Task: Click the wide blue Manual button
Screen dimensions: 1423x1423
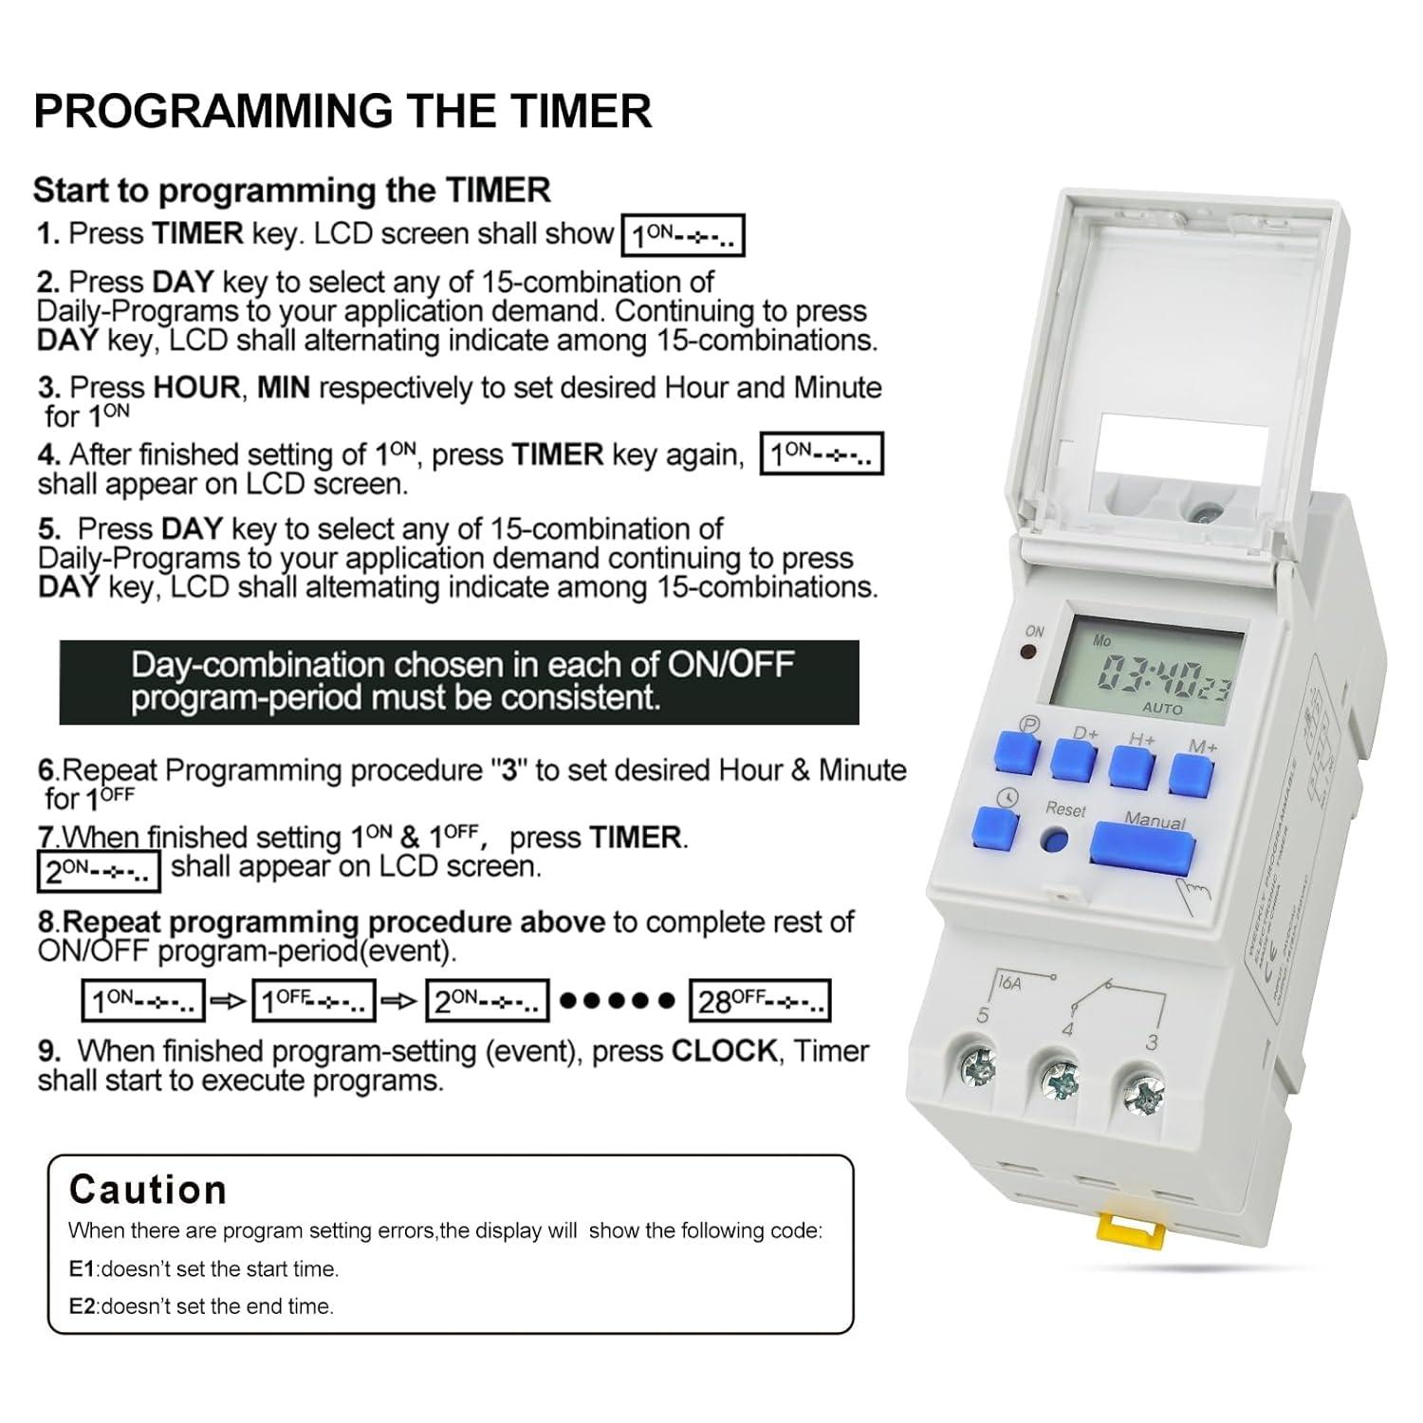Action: pyautogui.click(x=1142, y=847)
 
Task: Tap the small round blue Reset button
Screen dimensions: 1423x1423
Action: pyautogui.click(x=1053, y=841)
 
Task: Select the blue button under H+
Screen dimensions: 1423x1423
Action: pyautogui.click(x=1132, y=767)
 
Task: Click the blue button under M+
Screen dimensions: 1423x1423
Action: pyautogui.click(x=1192, y=775)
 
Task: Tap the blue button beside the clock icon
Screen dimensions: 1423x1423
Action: pyautogui.click(x=994, y=828)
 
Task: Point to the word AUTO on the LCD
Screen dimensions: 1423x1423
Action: pyautogui.click(x=1162, y=709)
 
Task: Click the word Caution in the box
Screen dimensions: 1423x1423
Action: pyautogui.click(x=148, y=1190)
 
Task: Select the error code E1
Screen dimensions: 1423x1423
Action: pyautogui.click(x=83, y=1269)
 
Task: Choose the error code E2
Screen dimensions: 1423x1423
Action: pyautogui.click(x=83, y=1306)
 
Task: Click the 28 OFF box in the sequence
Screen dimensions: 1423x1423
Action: pyautogui.click(x=760, y=1001)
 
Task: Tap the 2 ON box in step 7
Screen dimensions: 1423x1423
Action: pyautogui.click(x=99, y=871)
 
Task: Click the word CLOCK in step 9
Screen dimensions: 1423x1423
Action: pyautogui.click(x=724, y=1051)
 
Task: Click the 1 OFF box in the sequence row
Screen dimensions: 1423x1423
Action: pyautogui.click(x=313, y=1001)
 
